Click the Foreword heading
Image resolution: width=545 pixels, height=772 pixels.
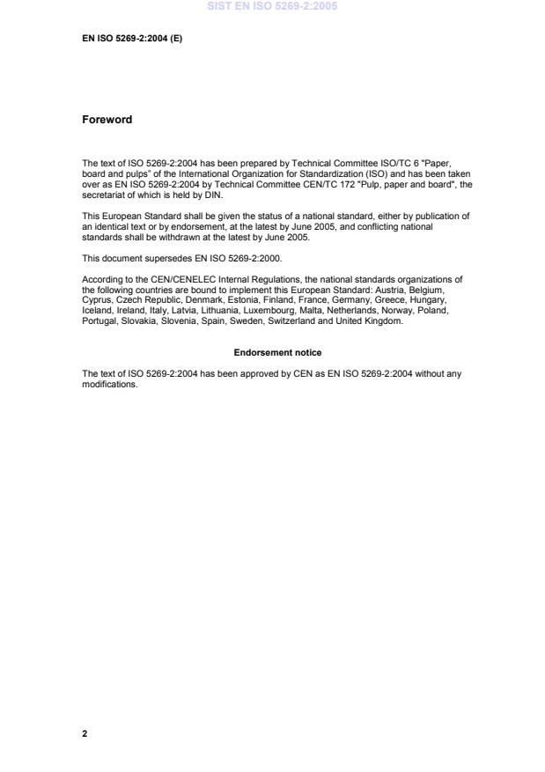pyautogui.click(x=107, y=120)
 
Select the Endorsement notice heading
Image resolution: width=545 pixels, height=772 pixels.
pyautogui.click(x=277, y=353)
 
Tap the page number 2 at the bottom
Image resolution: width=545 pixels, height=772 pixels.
pyautogui.click(x=85, y=732)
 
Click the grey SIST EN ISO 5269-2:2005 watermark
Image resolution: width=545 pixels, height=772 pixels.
pyautogui.click(x=272, y=7)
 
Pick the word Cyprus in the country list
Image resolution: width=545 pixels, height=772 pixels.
pyautogui.click(x=96, y=299)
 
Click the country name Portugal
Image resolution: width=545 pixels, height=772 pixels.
pyautogui.click(x=99, y=321)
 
